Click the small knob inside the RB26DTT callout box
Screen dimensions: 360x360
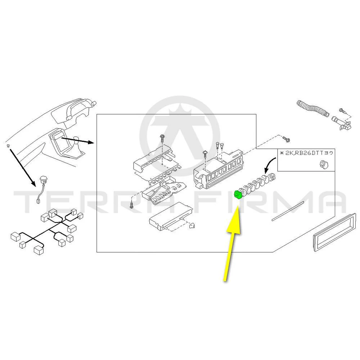[x=324, y=165]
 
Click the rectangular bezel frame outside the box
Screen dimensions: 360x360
[x=334, y=232]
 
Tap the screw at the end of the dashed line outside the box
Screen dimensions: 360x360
[x=286, y=139]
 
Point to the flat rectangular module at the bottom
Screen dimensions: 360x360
[x=171, y=216]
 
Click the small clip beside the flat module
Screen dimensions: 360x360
[x=192, y=226]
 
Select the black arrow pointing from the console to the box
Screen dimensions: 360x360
[x=78, y=140]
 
